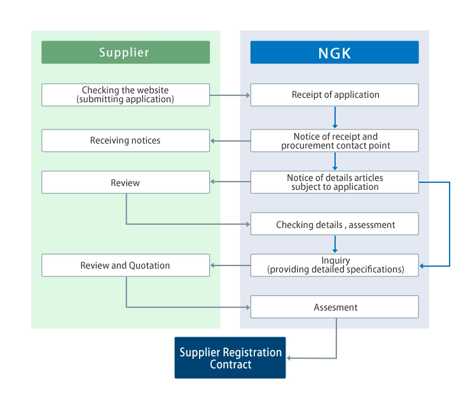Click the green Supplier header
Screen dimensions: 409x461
[125, 52]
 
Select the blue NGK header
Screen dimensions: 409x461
[334, 52]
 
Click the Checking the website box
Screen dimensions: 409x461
[125, 95]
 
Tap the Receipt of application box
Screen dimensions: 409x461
[334, 95]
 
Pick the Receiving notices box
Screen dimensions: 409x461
[125, 140]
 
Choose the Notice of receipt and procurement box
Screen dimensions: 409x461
[334, 140]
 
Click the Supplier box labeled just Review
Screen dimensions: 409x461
[125, 182]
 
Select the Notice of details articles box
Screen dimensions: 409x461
[334, 182]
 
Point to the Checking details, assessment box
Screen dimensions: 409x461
[334, 224]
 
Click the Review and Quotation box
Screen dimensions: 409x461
[125, 265]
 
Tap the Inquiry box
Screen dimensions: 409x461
[334, 265]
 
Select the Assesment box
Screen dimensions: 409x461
[334, 307]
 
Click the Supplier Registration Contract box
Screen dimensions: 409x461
[230, 358]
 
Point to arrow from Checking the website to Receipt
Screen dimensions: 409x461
[230, 95]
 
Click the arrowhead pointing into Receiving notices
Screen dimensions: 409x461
[214, 141]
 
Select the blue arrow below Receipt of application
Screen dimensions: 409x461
[334, 117]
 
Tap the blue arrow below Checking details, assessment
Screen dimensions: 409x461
[334, 245]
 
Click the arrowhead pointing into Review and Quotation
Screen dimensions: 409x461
[214, 265]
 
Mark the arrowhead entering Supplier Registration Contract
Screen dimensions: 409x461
[290, 358]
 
